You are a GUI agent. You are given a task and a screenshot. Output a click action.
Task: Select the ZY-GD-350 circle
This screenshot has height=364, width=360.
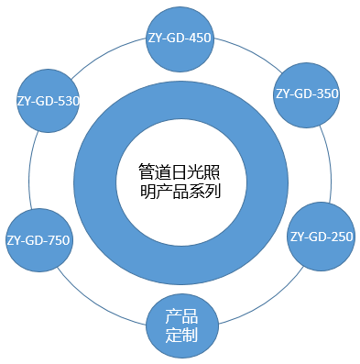(308, 94)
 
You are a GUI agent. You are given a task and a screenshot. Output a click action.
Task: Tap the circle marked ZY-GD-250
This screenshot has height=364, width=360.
(321, 237)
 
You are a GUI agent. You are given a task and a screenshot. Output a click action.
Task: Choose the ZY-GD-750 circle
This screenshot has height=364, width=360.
(38, 240)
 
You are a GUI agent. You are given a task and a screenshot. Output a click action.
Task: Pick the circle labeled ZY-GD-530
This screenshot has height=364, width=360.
(48, 100)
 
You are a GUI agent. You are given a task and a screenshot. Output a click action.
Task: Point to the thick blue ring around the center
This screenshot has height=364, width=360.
(101, 174)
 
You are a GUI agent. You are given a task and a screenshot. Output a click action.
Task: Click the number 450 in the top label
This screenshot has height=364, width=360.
(201, 39)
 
